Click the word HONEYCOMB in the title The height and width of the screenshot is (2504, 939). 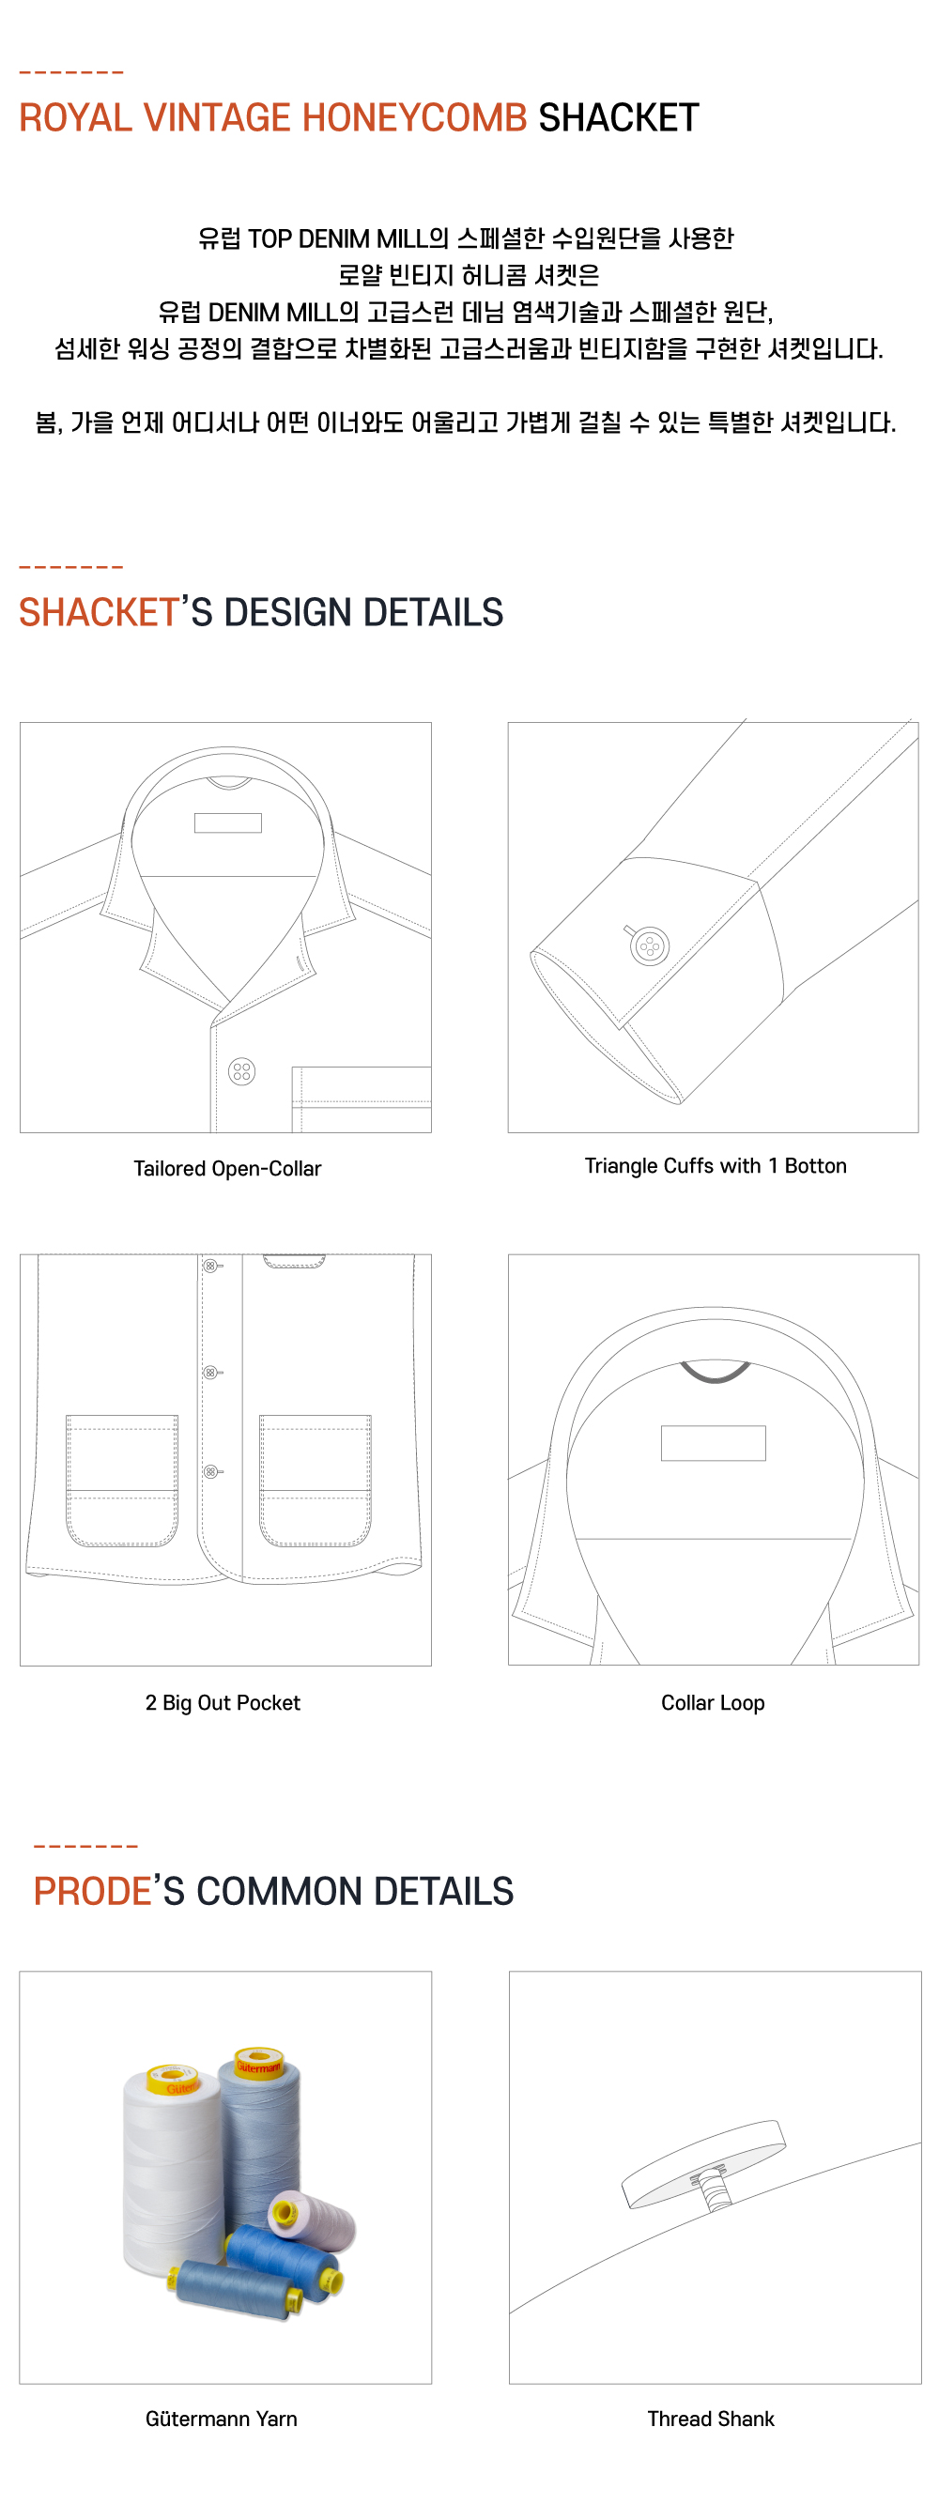coord(414,118)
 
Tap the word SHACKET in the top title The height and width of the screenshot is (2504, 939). coord(618,118)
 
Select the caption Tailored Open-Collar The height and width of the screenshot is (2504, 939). coord(227,1168)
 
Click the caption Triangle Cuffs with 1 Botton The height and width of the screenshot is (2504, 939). coord(715,1165)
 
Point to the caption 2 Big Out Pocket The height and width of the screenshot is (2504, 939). coord(223,1702)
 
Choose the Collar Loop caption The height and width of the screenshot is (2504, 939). coord(713,1702)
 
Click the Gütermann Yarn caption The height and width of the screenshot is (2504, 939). coord(222,2418)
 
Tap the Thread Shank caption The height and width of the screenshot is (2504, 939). coord(711,2418)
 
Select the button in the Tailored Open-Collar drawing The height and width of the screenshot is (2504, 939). coord(242,1071)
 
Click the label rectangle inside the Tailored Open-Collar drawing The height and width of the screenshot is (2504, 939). coord(227,822)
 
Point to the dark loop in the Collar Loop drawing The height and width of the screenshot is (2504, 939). coord(715,1373)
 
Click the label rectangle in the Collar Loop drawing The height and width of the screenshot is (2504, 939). coord(713,1442)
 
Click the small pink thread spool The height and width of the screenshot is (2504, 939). coord(313,2219)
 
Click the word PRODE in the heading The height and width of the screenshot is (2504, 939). coord(92,1891)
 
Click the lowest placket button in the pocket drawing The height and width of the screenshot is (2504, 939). coord(210,1471)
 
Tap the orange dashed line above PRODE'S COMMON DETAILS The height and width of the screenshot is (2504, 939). coord(85,1845)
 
